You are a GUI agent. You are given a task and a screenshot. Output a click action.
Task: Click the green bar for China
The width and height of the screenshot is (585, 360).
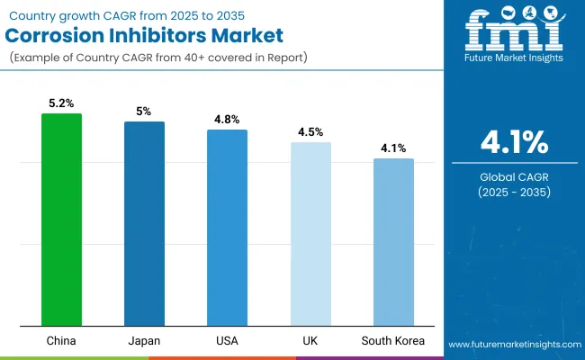tap(61, 220)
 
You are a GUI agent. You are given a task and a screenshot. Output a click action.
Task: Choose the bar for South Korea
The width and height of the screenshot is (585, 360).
tap(393, 242)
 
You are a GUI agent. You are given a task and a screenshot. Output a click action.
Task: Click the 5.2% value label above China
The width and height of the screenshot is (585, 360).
tap(61, 103)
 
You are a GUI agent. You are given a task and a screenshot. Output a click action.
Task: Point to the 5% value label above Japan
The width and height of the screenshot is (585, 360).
tap(144, 112)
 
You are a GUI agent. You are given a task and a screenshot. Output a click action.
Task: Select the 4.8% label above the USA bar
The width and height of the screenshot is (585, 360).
tap(227, 120)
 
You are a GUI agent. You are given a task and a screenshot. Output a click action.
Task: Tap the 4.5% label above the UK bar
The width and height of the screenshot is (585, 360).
tap(310, 132)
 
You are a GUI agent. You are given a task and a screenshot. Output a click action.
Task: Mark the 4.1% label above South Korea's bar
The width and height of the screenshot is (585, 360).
tap(393, 148)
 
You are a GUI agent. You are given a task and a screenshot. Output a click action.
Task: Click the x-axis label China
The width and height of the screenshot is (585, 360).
tap(61, 341)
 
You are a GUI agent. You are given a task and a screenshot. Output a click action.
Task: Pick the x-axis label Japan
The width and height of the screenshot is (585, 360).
tap(144, 341)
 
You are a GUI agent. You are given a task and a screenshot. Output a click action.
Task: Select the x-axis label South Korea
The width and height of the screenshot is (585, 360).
tap(393, 341)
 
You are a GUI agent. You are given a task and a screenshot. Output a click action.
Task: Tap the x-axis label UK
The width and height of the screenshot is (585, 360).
tap(310, 341)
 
